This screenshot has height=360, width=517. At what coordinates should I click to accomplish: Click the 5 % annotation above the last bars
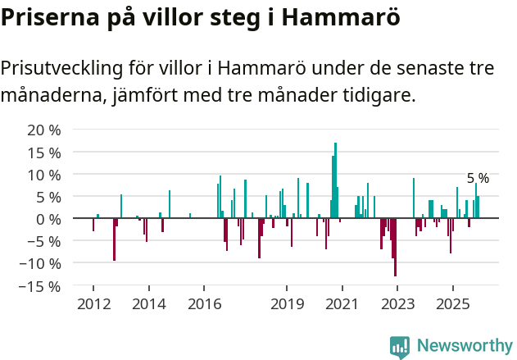coord(478,179)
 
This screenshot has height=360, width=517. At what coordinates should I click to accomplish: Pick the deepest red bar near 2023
coord(395,247)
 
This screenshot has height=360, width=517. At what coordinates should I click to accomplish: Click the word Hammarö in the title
coord(338,18)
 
